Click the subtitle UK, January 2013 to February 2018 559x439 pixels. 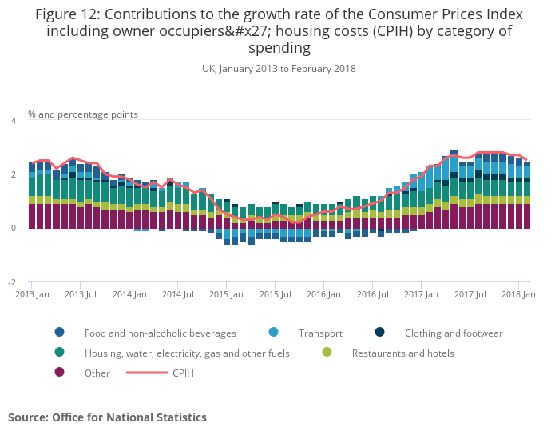pos(279,69)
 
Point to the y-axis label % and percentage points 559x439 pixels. pos(83,114)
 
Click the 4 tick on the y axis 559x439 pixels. pos(13,121)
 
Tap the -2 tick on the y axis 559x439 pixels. pos(11,283)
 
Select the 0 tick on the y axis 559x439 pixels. pos(13,229)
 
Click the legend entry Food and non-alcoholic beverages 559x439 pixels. pos(160,333)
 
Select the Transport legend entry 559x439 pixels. pos(320,333)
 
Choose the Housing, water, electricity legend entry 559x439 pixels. pos(187,353)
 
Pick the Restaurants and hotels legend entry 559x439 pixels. pos(402,353)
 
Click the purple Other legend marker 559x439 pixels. pos(59,373)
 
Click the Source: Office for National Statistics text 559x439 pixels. pos(107,417)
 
